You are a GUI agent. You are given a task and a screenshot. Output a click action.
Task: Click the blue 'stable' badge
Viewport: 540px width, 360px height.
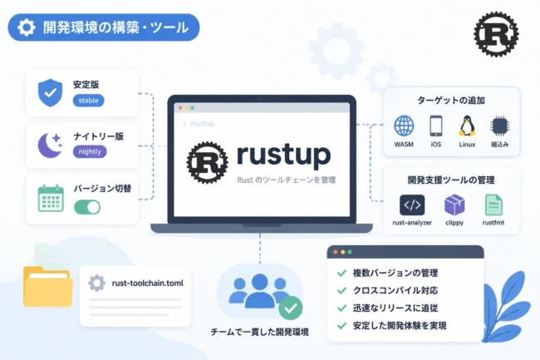pyautogui.click(x=88, y=101)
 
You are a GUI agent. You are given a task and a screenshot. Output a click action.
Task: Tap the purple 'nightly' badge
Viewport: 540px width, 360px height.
pyautogui.click(x=90, y=151)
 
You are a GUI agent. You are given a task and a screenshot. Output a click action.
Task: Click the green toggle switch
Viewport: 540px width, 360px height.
pyautogui.click(x=87, y=207)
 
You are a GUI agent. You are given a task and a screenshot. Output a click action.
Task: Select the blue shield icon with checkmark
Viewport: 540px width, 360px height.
pyautogui.click(x=51, y=92)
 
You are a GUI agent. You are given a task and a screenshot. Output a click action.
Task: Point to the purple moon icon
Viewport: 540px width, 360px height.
pyautogui.click(x=49, y=145)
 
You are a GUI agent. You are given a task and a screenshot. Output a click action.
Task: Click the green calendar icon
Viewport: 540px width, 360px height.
pyautogui.click(x=51, y=199)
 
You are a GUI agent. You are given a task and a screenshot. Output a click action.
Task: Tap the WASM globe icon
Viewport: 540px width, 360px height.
pyautogui.click(x=404, y=126)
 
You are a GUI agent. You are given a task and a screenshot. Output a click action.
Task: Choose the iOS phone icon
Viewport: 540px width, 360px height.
pyautogui.click(x=435, y=126)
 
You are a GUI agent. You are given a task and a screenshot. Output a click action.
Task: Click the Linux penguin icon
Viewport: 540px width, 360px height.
pyautogui.click(x=467, y=126)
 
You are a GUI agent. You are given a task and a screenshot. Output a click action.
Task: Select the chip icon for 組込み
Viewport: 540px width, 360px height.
pyautogui.click(x=499, y=126)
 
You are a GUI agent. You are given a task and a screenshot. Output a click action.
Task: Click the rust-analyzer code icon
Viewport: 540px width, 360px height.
pyautogui.click(x=412, y=205)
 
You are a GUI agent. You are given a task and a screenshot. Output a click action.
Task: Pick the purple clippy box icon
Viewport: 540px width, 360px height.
pyautogui.click(x=454, y=205)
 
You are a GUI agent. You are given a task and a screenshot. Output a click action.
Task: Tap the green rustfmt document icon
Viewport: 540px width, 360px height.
pyautogui.click(x=493, y=205)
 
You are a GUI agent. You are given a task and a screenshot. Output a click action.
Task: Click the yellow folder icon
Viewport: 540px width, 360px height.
pyautogui.click(x=48, y=287)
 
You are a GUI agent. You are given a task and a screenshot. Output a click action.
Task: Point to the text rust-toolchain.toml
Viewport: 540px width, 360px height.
pyautogui.click(x=147, y=284)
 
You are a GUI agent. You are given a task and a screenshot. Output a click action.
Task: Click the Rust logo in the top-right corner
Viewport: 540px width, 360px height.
pyautogui.click(x=496, y=34)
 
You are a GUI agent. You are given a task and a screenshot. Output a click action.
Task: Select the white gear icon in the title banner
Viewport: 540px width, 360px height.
pyautogui.click(x=27, y=27)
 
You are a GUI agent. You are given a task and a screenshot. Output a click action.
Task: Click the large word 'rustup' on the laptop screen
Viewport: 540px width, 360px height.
pyautogui.click(x=284, y=155)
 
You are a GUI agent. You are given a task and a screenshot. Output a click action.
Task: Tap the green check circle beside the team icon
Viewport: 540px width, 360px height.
pyautogui.click(x=290, y=308)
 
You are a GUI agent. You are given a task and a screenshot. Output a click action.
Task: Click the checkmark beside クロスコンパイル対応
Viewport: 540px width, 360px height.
pyautogui.click(x=341, y=290)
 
